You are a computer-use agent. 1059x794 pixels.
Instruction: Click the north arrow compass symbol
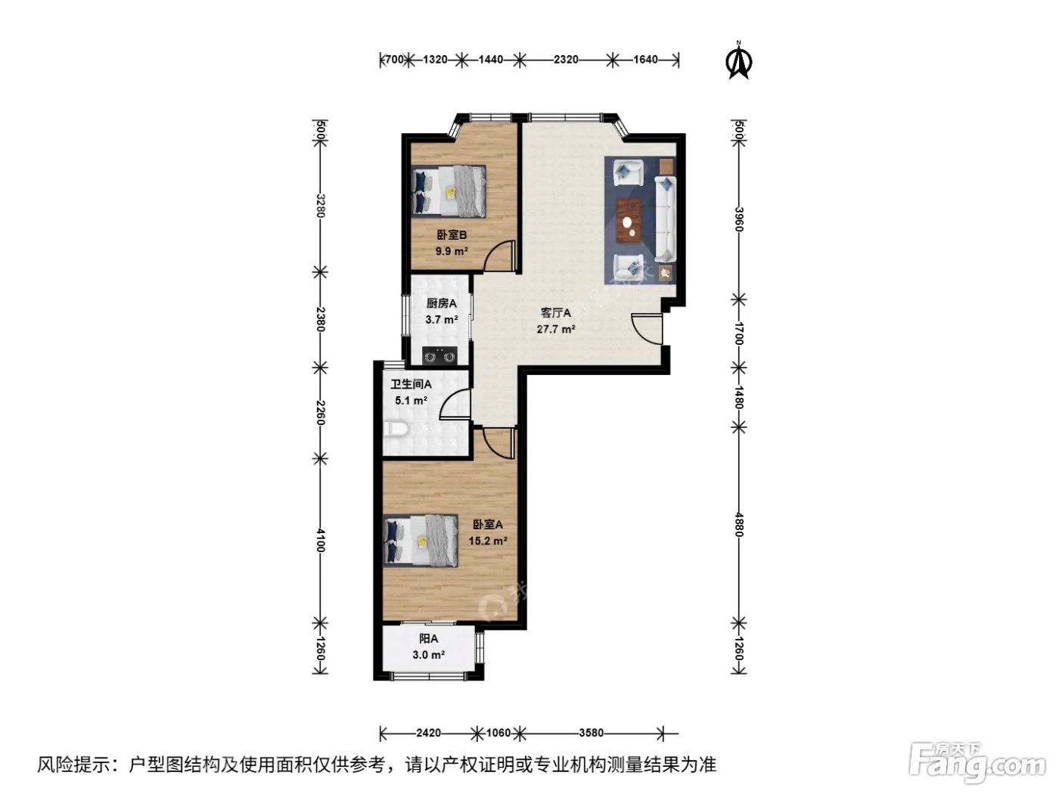coord(738,60)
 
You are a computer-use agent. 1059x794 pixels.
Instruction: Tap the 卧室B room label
coord(452,234)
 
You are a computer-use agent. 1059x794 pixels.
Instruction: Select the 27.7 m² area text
coord(556,329)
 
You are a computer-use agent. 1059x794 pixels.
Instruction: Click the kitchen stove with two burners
coord(439,356)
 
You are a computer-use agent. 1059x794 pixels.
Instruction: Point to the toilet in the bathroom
coord(396,429)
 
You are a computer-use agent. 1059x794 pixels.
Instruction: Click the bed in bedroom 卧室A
coord(421,540)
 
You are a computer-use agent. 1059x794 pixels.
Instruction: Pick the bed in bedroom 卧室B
coord(449,191)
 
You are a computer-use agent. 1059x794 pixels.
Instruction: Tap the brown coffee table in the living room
coord(629,221)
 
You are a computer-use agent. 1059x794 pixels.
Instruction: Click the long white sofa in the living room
coord(665,219)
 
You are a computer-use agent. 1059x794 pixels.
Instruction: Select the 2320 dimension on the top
coord(566,59)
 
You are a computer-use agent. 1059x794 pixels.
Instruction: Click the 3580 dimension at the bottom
coord(591,733)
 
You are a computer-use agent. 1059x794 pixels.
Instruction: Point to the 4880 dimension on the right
coord(738,525)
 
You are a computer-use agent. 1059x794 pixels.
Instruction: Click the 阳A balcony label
coord(428,639)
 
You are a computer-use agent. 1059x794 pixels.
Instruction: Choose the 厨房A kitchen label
coord(442,303)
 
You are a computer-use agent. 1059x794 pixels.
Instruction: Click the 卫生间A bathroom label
coord(411,384)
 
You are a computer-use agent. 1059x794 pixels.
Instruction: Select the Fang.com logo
coord(977,763)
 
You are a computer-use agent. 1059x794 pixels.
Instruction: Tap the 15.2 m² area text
coord(488,541)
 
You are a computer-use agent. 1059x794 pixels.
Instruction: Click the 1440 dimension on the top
coord(491,59)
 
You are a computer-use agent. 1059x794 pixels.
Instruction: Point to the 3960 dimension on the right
coord(738,219)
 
